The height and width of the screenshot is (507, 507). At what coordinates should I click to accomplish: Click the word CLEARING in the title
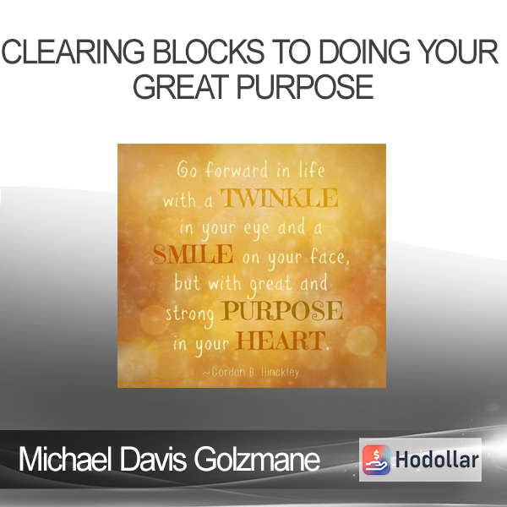click(73, 52)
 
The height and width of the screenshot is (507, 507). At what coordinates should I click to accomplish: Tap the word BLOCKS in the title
click(209, 52)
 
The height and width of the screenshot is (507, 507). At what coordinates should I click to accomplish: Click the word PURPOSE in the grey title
click(306, 87)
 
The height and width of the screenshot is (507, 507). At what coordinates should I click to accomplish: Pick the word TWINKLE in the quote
click(280, 198)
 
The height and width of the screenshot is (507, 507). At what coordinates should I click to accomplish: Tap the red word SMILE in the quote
click(193, 253)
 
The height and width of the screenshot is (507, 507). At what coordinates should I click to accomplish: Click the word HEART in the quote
click(281, 341)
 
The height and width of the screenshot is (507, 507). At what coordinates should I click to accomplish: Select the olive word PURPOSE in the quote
click(281, 311)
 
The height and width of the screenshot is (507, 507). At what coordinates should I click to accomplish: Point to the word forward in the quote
click(237, 170)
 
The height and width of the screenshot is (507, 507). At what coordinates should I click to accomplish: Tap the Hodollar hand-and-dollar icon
click(376, 460)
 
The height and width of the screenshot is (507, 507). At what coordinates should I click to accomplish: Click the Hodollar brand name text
click(437, 460)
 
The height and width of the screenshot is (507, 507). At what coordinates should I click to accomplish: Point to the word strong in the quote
click(190, 313)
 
